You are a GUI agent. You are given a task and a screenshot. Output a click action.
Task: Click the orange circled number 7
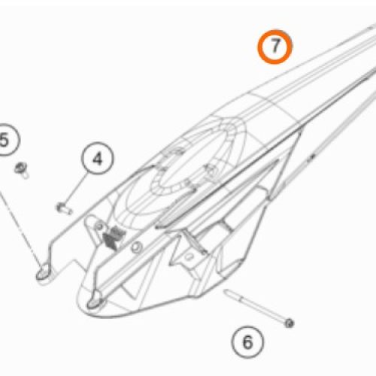click(276, 47)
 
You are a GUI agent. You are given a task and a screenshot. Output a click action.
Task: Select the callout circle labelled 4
click(98, 159)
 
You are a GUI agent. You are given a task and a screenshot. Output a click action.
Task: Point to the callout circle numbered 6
click(247, 343)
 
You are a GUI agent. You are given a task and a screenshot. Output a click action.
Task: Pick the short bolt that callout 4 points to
click(62, 205)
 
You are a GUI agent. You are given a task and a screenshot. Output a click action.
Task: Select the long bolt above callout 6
click(259, 309)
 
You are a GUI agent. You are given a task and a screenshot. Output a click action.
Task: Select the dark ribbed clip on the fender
click(112, 237)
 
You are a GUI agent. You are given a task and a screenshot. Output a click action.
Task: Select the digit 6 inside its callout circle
click(247, 343)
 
